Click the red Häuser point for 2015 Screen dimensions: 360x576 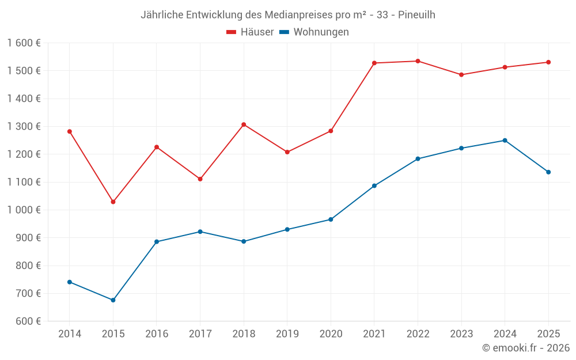point(113,202)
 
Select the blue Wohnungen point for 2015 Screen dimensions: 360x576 point(113,300)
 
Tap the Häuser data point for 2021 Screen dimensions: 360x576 point(374,63)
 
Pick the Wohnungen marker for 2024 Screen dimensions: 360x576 point(505,141)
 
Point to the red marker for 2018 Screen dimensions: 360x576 point(244,124)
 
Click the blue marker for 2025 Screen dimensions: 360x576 point(548,172)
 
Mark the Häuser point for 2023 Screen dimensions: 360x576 point(461,75)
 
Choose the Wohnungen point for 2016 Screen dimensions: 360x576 point(157,242)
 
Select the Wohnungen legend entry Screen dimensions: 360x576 point(314,32)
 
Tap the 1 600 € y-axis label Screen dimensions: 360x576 point(24,43)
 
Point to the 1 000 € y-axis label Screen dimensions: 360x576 point(24,210)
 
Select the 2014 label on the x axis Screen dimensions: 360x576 point(70,334)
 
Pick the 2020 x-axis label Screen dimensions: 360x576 point(331,334)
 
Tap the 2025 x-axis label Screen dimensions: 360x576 point(548,334)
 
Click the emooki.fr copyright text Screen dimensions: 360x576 point(526,348)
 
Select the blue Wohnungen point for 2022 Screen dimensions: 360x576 point(418,159)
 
